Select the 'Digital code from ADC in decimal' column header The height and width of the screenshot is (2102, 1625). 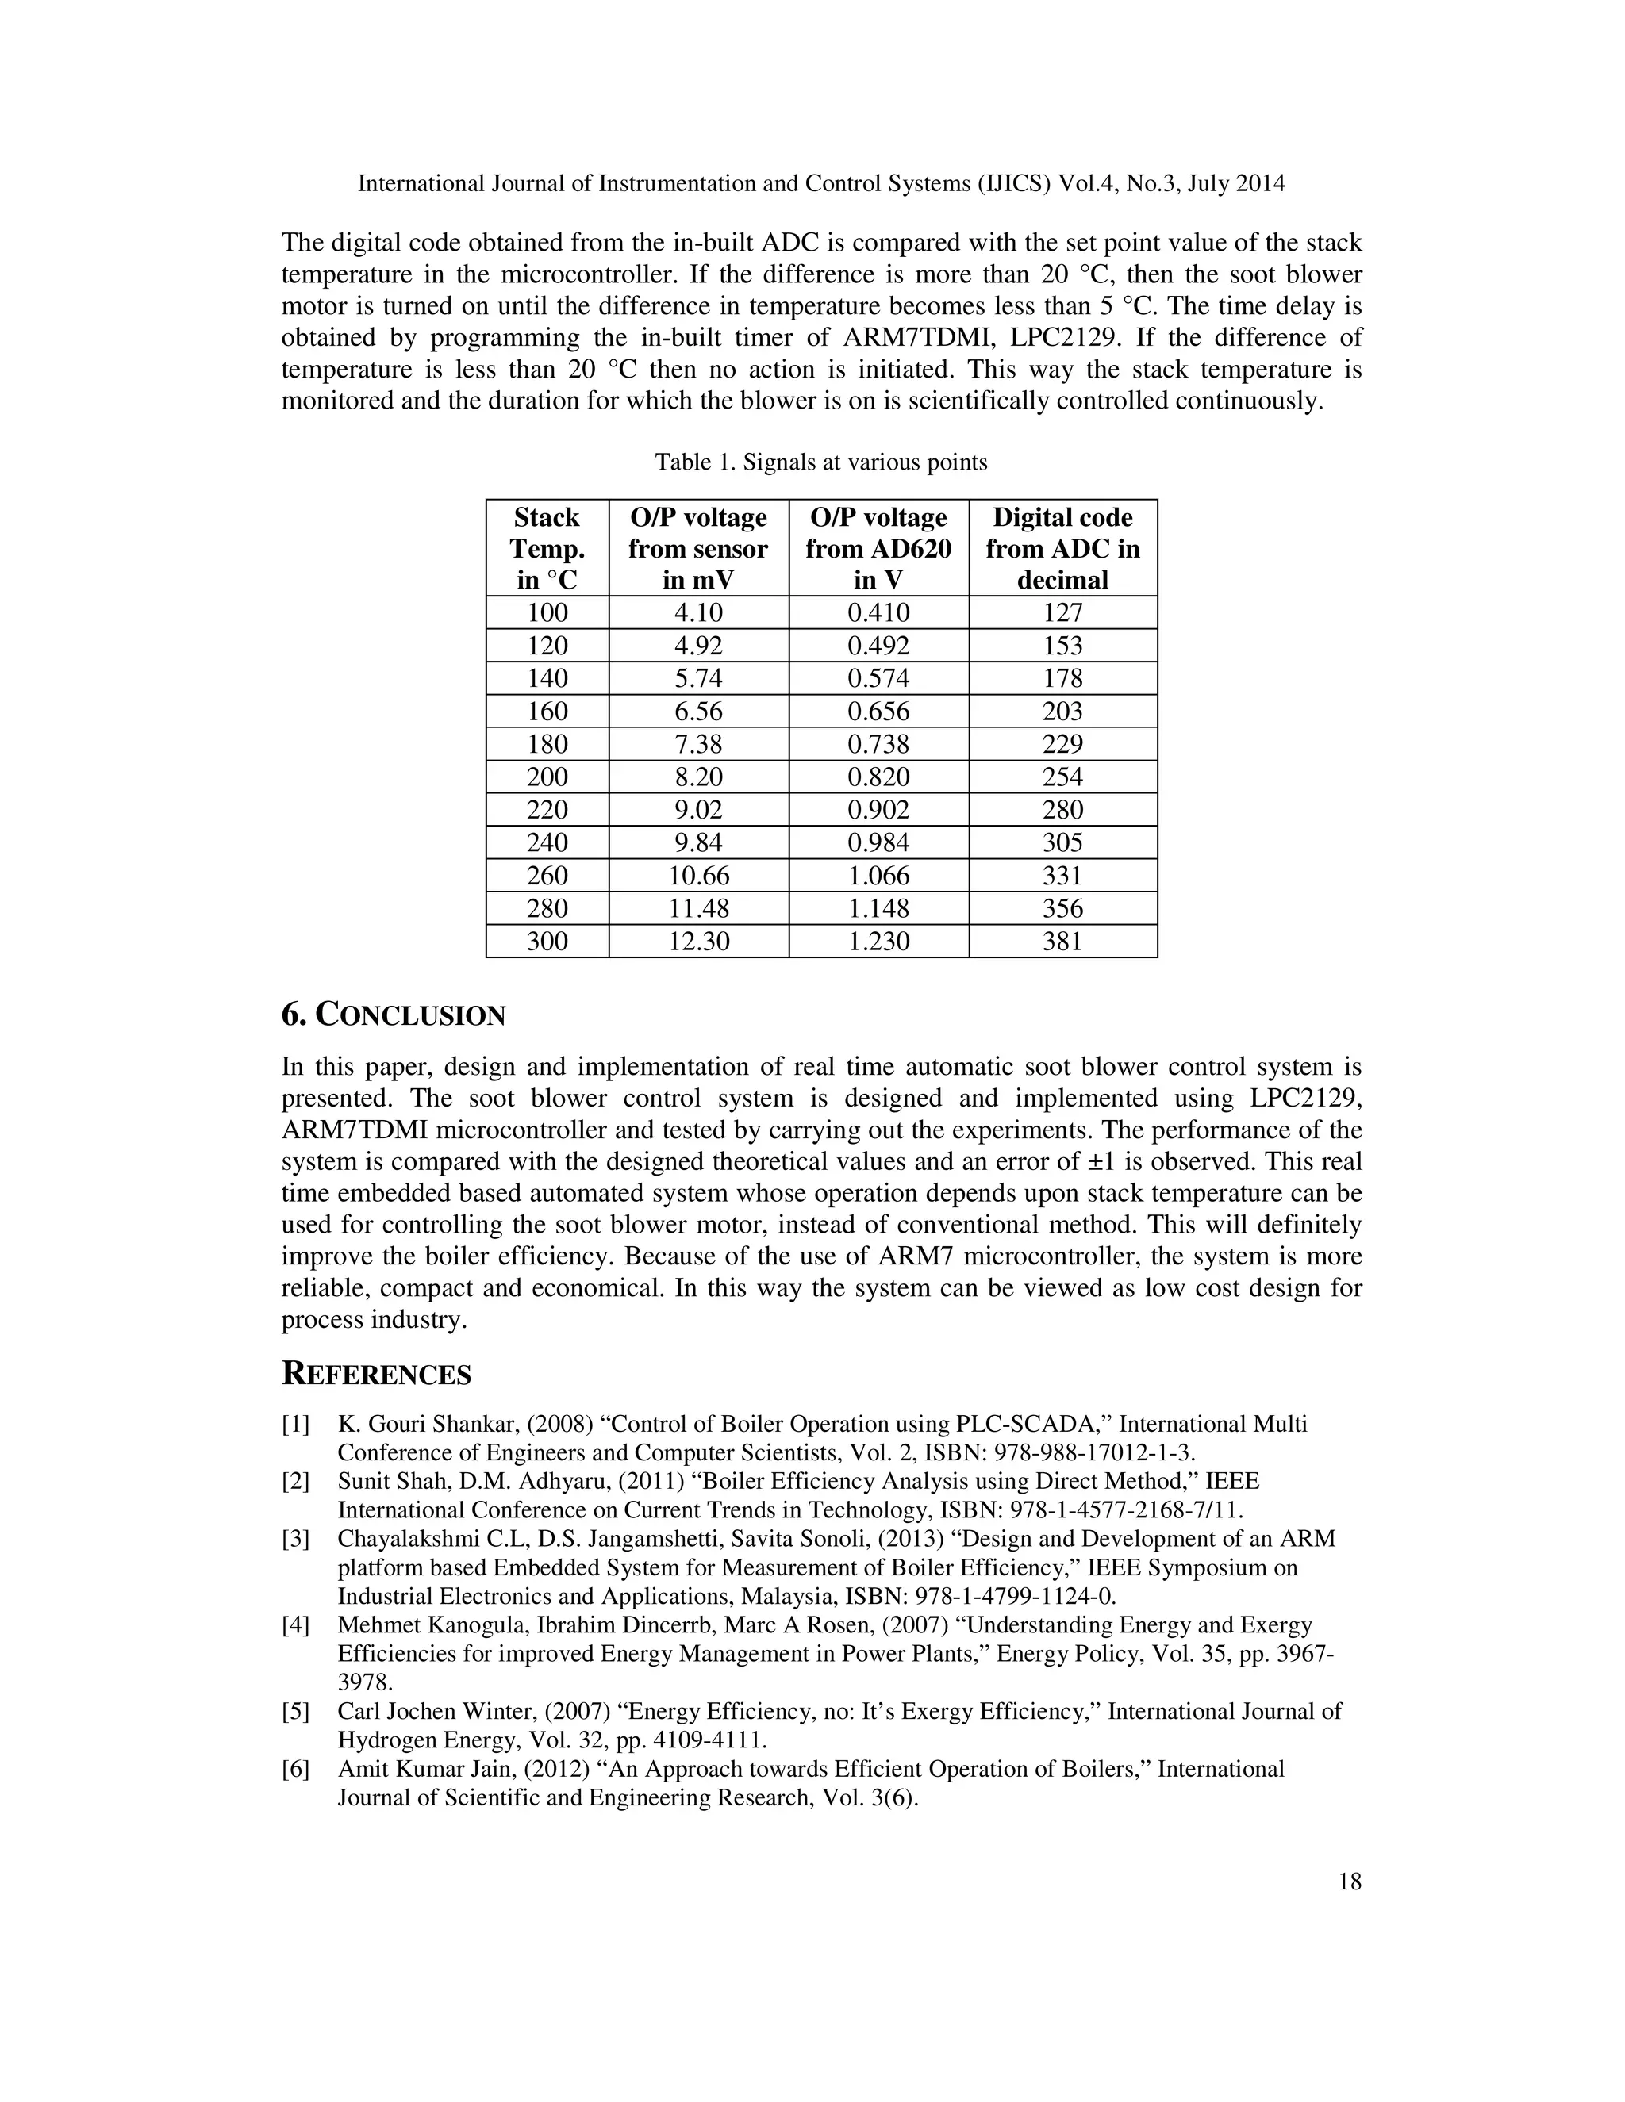pyautogui.click(x=1062, y=549)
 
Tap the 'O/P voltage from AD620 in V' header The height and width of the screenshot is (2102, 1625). pyautogui.click(x=878, y=549)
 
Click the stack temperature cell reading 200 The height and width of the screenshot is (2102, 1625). pyautogui.click(x=547, y=777)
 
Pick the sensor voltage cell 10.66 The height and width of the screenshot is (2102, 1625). pyautogui.click(x=699, y=876)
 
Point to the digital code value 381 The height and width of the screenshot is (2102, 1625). pyautogui.click(x=1062, y=942)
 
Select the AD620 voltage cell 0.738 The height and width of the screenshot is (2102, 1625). pyautogui.click(x=878, y=744)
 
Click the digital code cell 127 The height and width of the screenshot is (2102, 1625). pyautogui.click(x=1062, y=613)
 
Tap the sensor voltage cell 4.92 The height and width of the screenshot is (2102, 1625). pyautogui.click(x=699, y=646)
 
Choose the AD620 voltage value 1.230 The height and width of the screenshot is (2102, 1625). pyautogui.click(x=878, y=942)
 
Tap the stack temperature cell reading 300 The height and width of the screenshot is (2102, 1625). pyautogui.click(x=547, y=942)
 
